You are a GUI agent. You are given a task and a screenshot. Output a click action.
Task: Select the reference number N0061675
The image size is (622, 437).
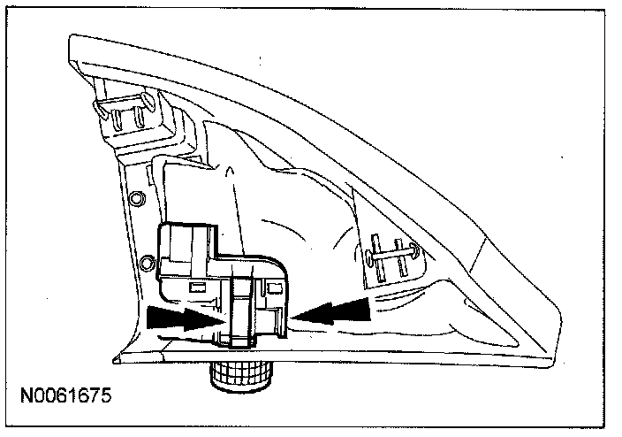point(68,394)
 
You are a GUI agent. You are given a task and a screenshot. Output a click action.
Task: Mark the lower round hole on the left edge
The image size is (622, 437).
point(144,263)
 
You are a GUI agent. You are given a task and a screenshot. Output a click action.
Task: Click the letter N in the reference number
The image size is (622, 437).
point(28,394)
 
